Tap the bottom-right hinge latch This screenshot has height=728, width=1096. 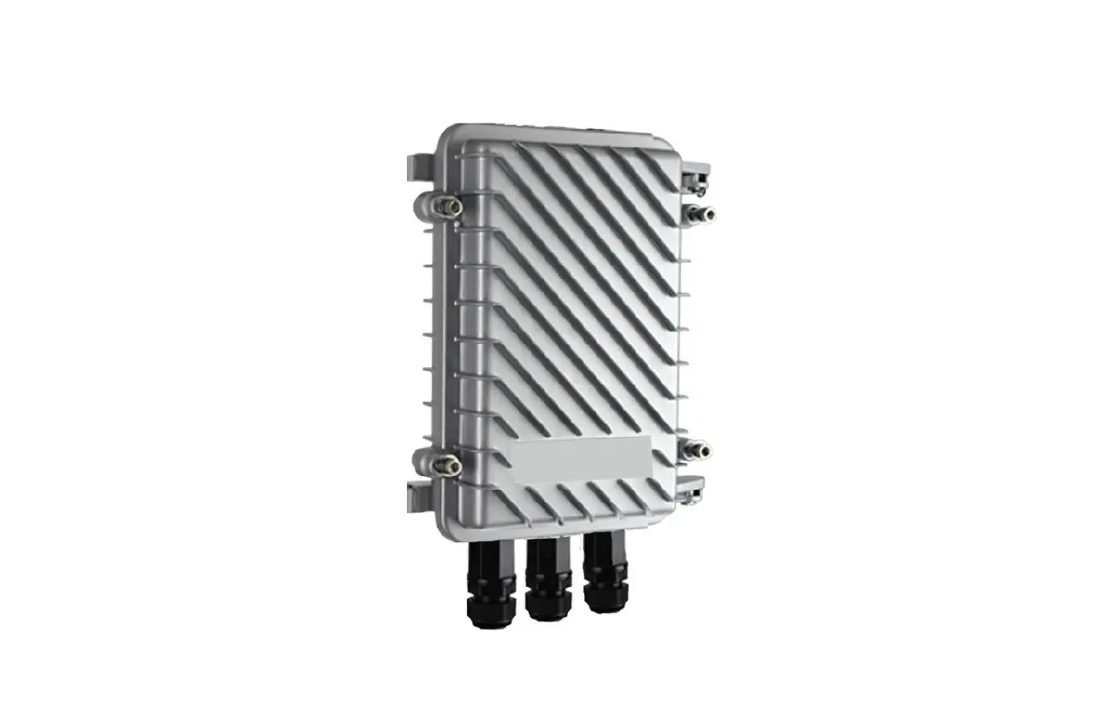click(x=692, y=484)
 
